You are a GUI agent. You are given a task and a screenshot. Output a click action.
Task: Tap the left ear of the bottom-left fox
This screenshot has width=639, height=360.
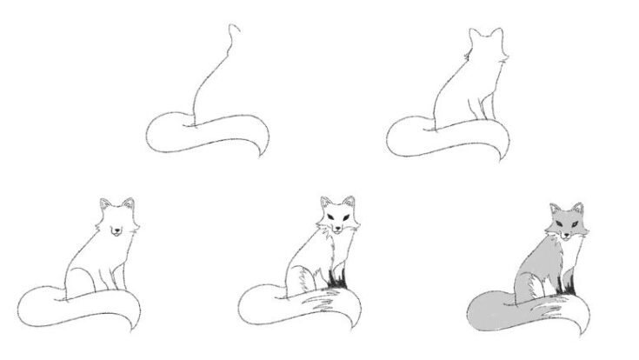102,205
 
